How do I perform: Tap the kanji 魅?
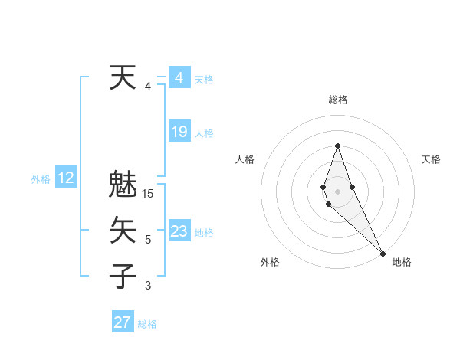(x=123, y=185)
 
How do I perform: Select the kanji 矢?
(x=123, y=231)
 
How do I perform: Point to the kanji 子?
(x=123, y=276)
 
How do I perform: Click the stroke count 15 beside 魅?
(x=149, y=194)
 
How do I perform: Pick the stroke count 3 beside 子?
(x=148, y=286)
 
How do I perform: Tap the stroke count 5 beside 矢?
(x=148, y=240)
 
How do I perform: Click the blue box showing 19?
(x=179, y=132)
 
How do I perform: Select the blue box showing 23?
(x=179, y=231)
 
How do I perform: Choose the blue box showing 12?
(x=66, y=178)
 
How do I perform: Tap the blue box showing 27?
(x=123, y=322)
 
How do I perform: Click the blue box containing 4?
(x=179, y=78)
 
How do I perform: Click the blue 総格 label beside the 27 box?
(x=147, y=324)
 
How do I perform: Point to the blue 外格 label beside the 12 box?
(x=41, y=179)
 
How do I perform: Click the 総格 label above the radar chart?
(x=337, y=100)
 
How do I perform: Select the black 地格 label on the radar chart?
(x=402, y=262)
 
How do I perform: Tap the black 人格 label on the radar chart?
(x=245, y=159)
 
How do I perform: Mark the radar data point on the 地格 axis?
(x=383, y=254)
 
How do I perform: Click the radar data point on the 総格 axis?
(x=337, y=146)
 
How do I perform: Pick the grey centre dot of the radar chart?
(x=337, y=191)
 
